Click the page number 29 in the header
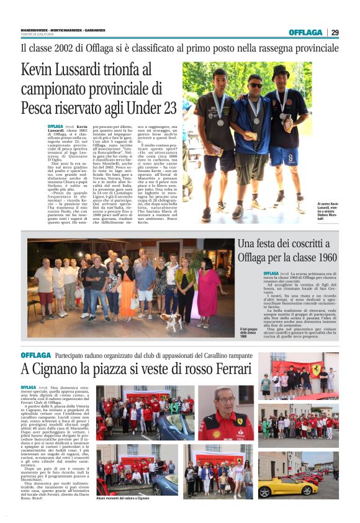(x=335, y=32)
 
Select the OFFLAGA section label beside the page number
(x=305, y=32)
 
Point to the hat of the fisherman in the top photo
(x=281, y=71)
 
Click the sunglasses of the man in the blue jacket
(x=255, y=85)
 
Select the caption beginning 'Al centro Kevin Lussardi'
(x=327, y=211)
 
